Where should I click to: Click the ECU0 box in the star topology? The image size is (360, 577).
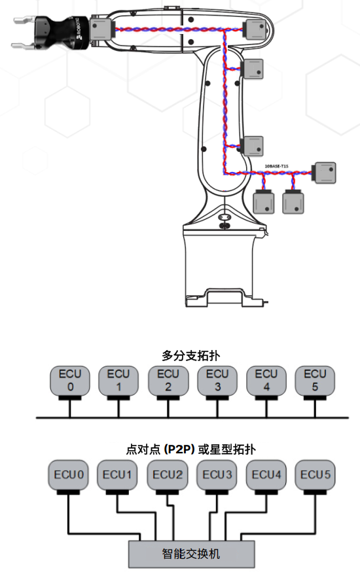69,475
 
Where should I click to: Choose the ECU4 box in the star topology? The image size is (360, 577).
266,475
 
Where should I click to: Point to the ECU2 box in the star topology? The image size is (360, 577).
167,475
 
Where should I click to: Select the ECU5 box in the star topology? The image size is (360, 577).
315,475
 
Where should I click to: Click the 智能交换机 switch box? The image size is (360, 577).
190,553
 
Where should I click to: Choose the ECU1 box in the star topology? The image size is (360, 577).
118,475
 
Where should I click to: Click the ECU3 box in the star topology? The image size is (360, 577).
217,475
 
